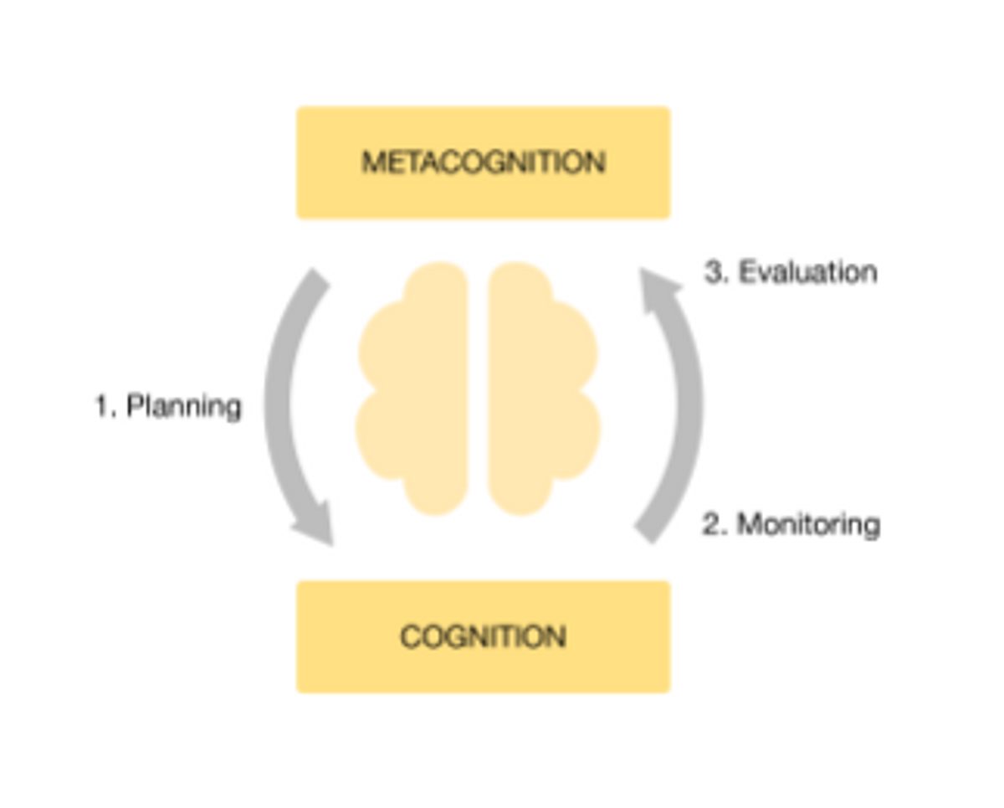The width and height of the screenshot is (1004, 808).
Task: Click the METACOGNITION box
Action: click(x=484, y=162)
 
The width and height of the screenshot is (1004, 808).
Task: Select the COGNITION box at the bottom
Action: click(x=484, y=637)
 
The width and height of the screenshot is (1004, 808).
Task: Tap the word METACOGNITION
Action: click(x=484, y=162)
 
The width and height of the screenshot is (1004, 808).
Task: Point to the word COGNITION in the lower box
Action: click(x=484, y=637)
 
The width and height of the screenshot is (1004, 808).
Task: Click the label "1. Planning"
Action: click(x=168, y=406)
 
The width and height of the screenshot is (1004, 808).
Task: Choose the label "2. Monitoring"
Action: click(x=791, y=524)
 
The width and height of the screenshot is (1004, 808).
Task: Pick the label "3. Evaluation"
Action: click(x=791, y=272)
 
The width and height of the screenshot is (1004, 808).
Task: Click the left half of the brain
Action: click(x=412, y=389)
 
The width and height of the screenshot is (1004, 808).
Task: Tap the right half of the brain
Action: click(x=544, y=389)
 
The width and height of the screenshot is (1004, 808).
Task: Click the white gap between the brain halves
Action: click(x=478, y=389)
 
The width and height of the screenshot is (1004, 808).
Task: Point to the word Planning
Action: click(x=184, y=406)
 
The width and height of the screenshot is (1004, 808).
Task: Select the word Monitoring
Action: click(x=808, y=524)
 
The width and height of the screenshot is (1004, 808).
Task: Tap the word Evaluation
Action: click(x=808, y=272)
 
